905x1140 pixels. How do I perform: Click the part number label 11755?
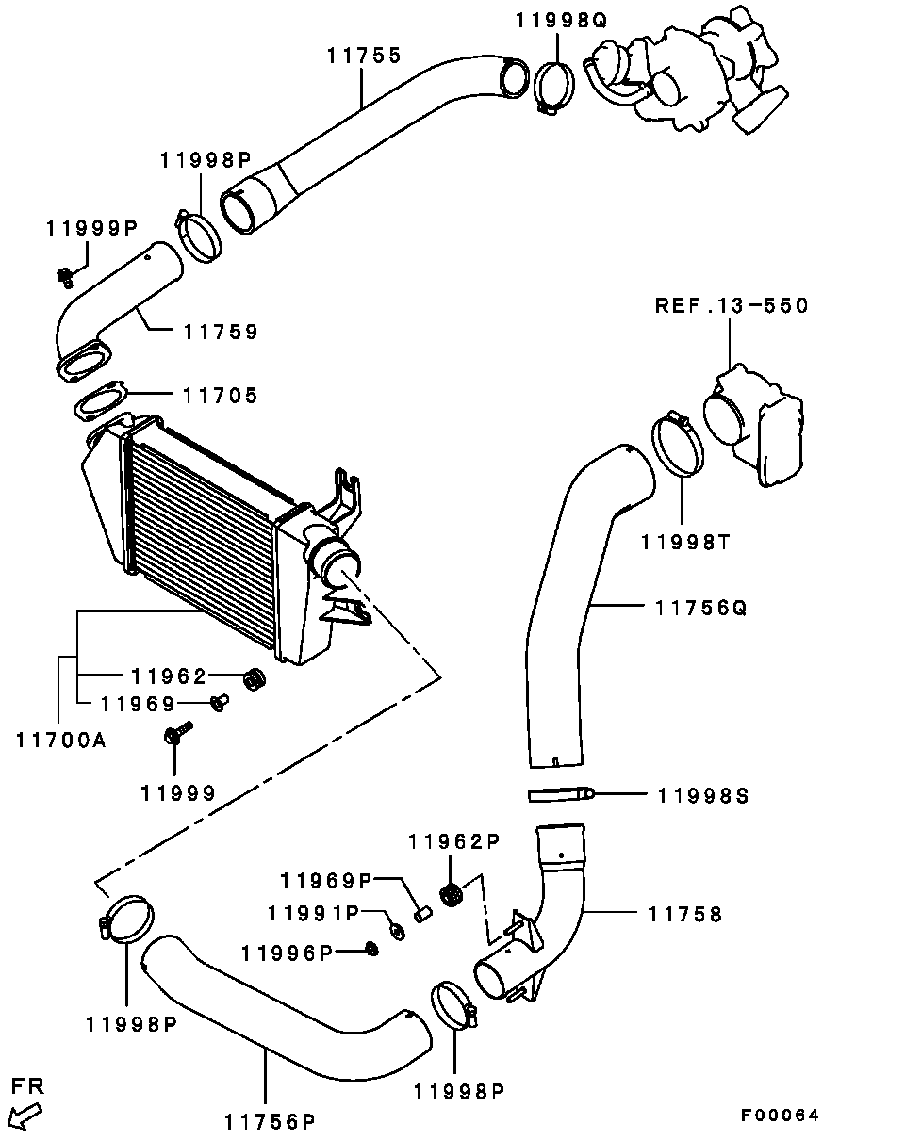tap(364, 56)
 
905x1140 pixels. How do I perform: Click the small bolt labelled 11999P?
tap(65, 276)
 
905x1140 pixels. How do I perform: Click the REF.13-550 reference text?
tap(732, 306)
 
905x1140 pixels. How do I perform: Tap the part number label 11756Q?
tap(700, 608)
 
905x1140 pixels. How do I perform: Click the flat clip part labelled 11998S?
tap(560, 795)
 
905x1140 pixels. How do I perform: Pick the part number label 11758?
tap(685, 913)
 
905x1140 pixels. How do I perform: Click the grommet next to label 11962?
tap(254, 678)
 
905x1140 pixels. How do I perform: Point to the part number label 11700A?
tap(60, 740)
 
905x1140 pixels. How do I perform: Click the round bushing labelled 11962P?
tap(451, 893)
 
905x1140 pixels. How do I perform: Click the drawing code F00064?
tap(779, 1116)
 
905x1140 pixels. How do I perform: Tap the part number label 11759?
tap(221, 332)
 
